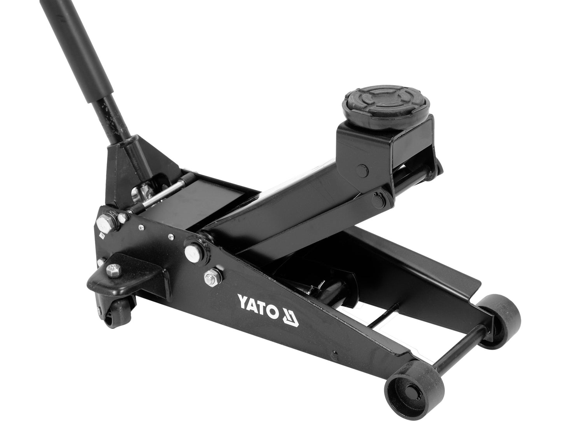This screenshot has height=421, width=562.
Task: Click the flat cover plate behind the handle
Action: coord(218,198)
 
